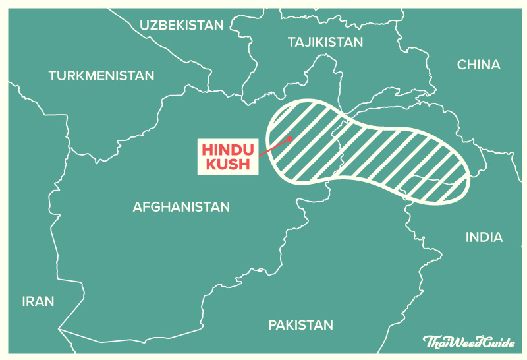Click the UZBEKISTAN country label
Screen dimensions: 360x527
pos(182,25)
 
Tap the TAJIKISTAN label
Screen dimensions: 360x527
pos(325,42)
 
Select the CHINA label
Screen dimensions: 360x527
pos(479,65)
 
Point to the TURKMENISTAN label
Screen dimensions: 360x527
pos(101,76)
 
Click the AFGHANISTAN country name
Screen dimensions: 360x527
pos(181,206)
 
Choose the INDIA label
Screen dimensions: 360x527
pos(484,237)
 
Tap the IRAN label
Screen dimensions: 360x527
pos(38,301)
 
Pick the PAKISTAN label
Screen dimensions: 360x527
pos(300,325)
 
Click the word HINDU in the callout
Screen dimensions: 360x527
pos(227,149)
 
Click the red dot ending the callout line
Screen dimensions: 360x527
pos(290,138)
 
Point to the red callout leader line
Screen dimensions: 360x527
pos(274,147)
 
